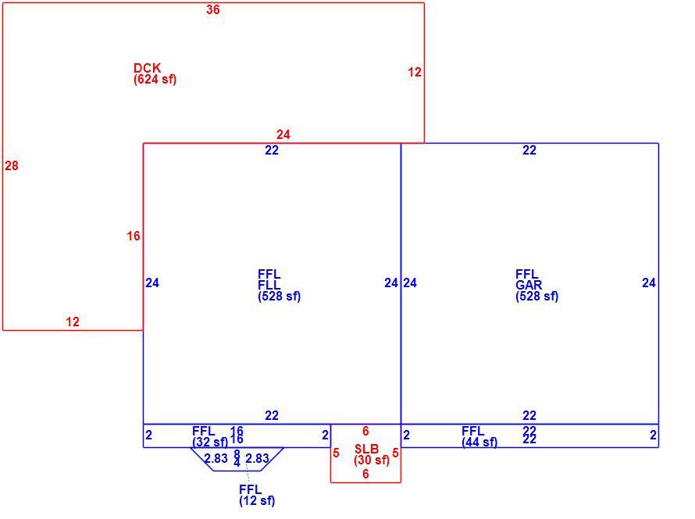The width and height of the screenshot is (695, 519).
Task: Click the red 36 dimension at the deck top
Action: pos(212,9)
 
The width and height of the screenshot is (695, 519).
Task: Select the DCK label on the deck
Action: pos(147,68)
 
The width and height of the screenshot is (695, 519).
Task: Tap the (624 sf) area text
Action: pos(155,80)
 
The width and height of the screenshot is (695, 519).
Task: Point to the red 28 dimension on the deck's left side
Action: pos(12,165)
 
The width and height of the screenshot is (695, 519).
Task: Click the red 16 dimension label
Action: pos(134,236)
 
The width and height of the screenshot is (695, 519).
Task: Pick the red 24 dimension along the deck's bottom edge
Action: pos(283,134)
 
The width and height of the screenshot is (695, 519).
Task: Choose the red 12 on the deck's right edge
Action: pos(415,72)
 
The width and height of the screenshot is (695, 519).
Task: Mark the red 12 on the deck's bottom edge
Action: pos(73,322)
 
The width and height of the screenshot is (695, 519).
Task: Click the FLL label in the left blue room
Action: pos(269,285)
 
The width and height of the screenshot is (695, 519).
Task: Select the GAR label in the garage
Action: pos(529,285)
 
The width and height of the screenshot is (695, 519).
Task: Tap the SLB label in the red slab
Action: pos(366,449)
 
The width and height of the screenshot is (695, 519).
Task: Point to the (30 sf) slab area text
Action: pos(372,460)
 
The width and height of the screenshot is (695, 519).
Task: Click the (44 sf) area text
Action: pos(479,443)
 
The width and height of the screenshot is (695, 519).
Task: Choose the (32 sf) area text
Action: pos(210,443)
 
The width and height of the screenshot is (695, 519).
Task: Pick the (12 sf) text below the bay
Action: pos(257,501)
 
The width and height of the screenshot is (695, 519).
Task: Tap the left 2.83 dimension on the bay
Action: pos(216,458)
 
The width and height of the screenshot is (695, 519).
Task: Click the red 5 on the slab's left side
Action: pos(336,453)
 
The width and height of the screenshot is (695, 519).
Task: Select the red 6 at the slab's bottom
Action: pos(365,474)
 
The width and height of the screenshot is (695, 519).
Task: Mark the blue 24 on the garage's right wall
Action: pos(649,283)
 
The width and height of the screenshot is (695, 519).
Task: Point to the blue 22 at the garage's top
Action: pos(529,150)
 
